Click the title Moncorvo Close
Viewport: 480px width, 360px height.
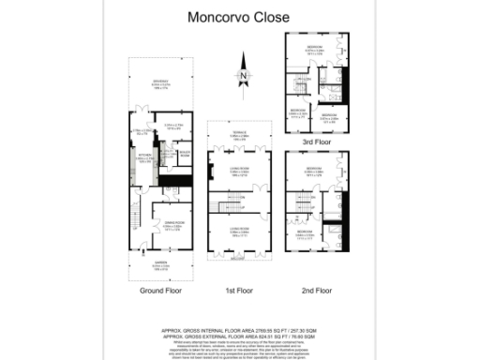pyautogui.click(x=240, y=17)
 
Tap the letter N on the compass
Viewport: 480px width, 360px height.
pyautogui.click(x=243, y=76)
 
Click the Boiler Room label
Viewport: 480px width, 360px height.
pyautogui.click(x=186, y=154)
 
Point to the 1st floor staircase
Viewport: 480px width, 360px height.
pyautogui.click(x=242, y=201)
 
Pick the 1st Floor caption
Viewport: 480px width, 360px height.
pyautogui.click(x=241, y=291)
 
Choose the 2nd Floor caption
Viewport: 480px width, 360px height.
pyautogui.click(x=317, y=291)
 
